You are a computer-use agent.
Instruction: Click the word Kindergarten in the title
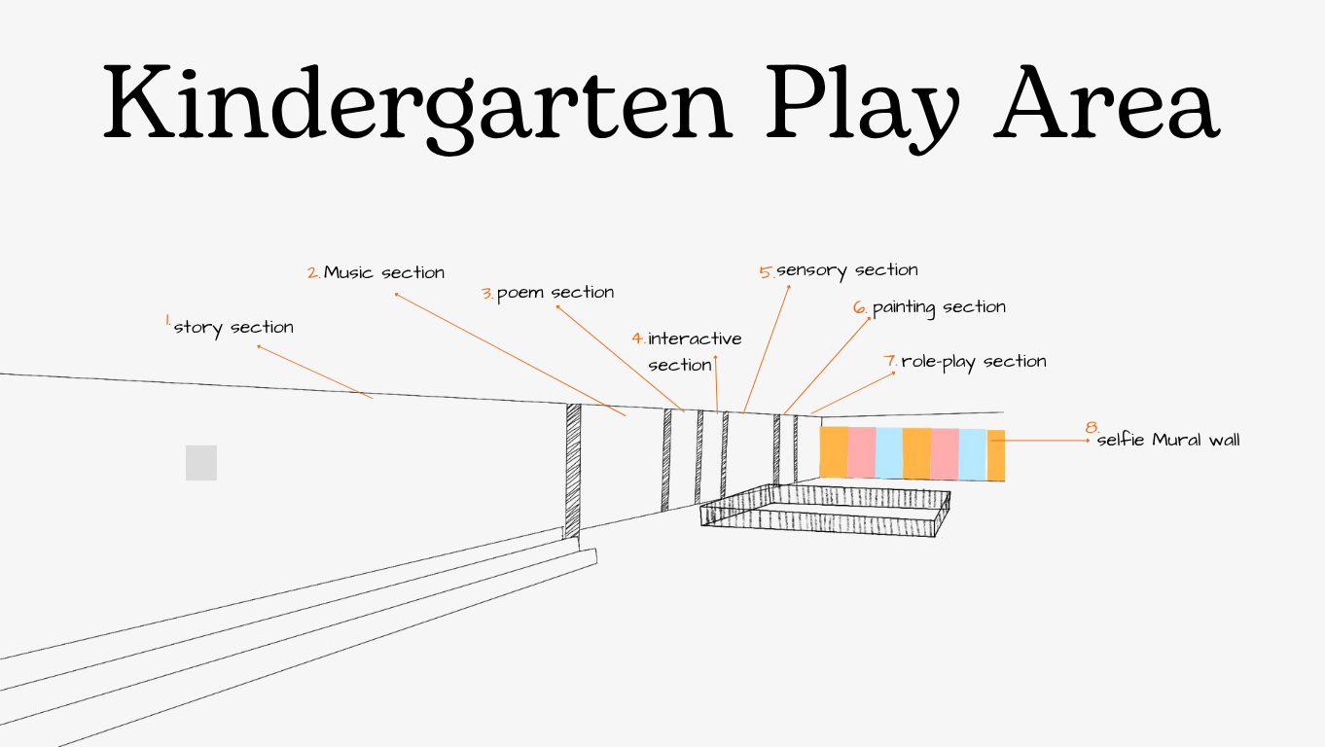point(416,104)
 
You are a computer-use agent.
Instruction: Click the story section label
point(233,328)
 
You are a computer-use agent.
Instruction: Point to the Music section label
point(384,273)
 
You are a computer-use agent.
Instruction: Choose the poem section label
point(555,293)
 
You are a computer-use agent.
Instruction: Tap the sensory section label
point(847,270)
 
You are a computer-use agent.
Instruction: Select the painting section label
point(939,307)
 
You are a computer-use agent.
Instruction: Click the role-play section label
point(974,362)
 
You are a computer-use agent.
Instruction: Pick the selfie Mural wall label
point(1168,441)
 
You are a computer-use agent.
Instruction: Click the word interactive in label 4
point(695,339)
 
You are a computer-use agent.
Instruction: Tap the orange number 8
point(1092,428)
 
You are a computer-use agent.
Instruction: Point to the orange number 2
point(313,273)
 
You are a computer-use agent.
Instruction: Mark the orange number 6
point(860,308)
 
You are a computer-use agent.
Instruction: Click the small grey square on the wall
point(201,463)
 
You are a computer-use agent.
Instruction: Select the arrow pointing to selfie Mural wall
point(1046,441)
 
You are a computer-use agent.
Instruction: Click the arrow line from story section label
point(314,372)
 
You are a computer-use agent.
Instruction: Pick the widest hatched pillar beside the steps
point(573,470)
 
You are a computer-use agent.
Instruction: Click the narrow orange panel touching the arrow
point(996,455)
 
